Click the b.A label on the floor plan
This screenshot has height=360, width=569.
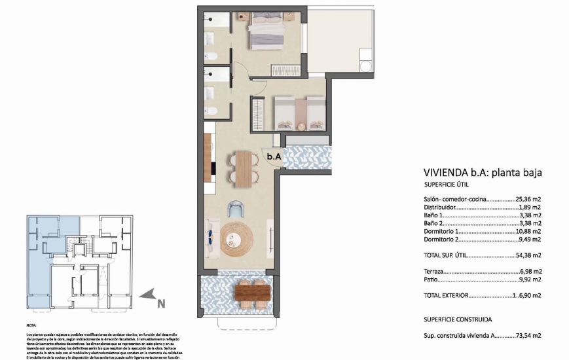coord(274,156)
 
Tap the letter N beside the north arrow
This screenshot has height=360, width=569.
coord(160,302)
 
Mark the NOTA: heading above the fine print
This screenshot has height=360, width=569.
coord(31,325)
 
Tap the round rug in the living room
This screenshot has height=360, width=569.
coord(236,240)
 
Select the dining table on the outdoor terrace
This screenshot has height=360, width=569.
coord(252,293)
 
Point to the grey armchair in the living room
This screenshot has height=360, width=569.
coord(236,209)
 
